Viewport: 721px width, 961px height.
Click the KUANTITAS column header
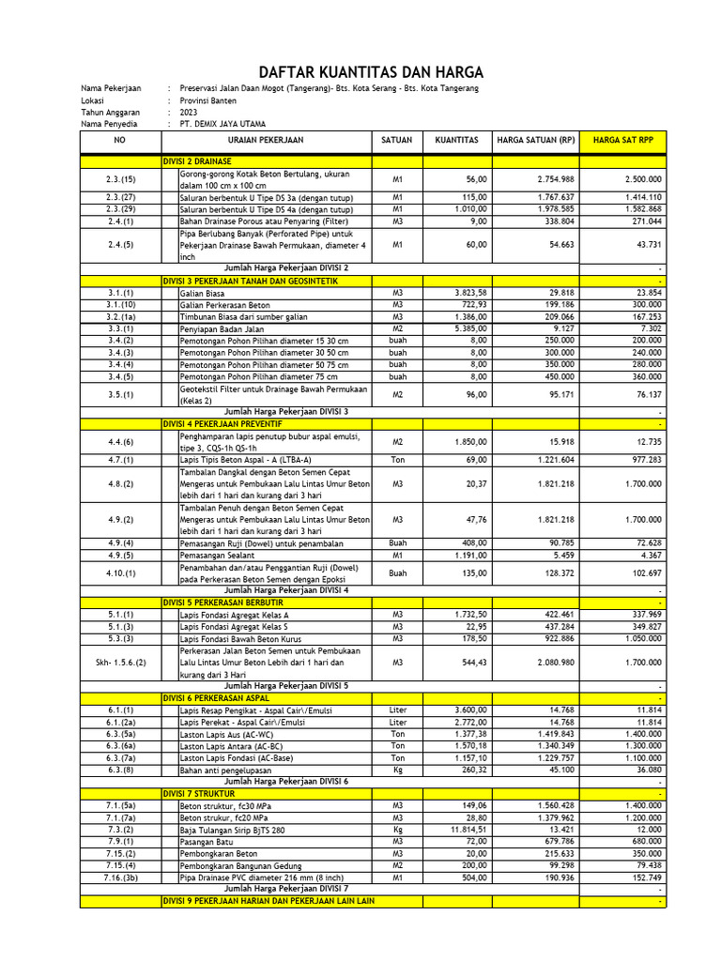pyautogui.click(x=456, y=140)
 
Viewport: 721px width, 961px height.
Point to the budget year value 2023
pyautogui.click(x=189, y=112)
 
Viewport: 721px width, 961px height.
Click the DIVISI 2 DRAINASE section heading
pyautogui.click(x=197, y=161)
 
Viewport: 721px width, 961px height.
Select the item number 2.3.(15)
pyautogui.click(x=121, y=178)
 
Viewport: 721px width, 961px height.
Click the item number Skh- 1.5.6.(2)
pyautogui.click(x=121, y=663)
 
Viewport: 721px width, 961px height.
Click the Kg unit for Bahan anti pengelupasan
pyautogui.click(x=397, y=769)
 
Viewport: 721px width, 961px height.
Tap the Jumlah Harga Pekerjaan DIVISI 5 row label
pyautogui.click(x=286, y=686)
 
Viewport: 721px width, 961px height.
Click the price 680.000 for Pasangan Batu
pyautogui.click(x=642, y=842)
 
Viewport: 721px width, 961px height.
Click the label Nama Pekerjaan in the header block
pyautogui.click(x=111, y=88)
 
